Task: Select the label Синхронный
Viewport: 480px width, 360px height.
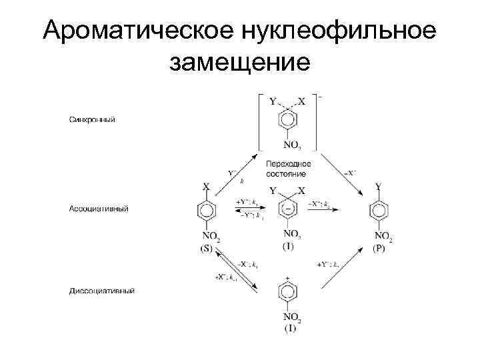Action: pos(92,120)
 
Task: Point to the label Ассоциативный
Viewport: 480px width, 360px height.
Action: pos(99,208)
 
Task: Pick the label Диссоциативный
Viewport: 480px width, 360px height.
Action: pos(102,291)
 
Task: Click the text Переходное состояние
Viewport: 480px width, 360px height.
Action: pos(287,168)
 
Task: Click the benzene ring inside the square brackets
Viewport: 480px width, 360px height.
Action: pos(287,121)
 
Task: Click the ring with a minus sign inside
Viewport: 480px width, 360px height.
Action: pos(287,209)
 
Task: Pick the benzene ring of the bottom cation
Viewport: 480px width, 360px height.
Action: pos(287,294)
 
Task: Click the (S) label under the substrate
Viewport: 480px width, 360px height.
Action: pos(206,249)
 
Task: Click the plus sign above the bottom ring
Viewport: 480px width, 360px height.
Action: pos(287,277)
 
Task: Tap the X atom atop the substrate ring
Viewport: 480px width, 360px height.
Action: pos(206,188)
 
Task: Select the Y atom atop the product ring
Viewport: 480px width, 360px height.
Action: pos(379,188)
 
